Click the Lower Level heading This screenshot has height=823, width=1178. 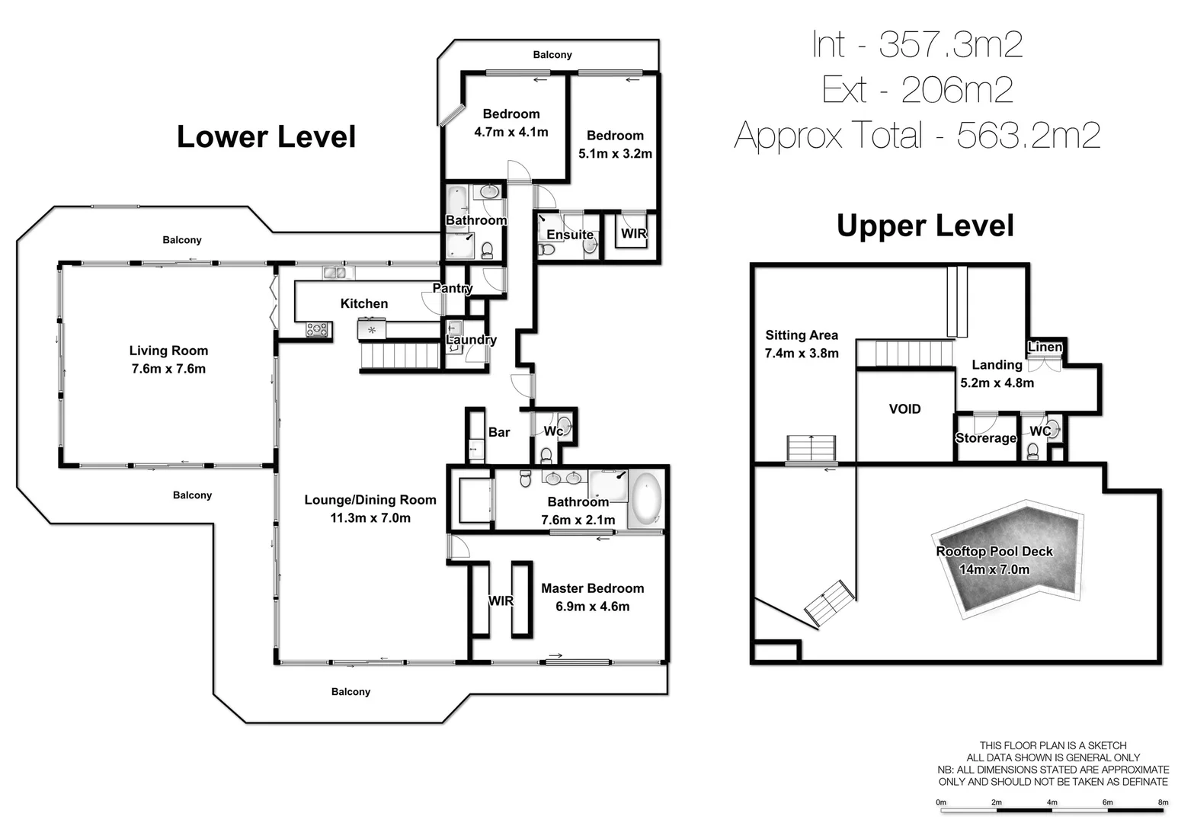[x=266, y=137]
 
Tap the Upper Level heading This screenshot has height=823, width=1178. [x=925, y=226]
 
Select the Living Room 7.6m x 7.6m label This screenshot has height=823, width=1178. [x=168, y=360]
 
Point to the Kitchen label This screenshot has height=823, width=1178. [x=363, y=303]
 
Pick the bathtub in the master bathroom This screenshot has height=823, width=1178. [x=646, y=499]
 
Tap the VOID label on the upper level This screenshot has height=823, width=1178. [x=904, y=409]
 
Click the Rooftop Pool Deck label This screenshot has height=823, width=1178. [x=994, y=552]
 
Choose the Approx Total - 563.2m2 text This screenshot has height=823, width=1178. [x=917, y=136]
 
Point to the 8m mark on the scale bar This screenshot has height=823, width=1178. [x=1163, y=802]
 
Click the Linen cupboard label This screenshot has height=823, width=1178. [x=1045, y=347]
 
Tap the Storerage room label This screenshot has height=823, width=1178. [x=985, y=438]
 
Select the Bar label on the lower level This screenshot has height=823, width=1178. [x=498, y=432]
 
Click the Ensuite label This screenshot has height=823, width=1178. [x=569, y=235]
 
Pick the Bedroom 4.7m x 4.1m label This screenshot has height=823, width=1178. [x=511, y=123]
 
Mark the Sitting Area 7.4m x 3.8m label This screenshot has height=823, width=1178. [x=801, y=344]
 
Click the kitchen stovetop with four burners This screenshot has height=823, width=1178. [x=317, y=329]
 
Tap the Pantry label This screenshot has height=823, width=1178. [x=452, y=288]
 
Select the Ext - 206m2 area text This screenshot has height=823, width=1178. [x=917, y=90]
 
